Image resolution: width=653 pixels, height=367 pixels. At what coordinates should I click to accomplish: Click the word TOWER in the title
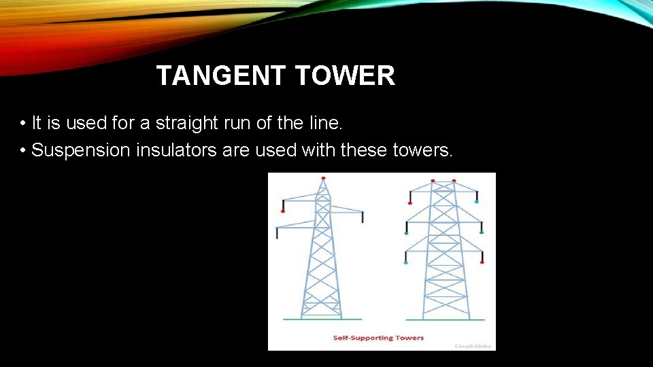tap(346, 76)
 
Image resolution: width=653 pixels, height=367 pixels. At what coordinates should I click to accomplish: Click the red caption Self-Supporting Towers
tap(378, 338)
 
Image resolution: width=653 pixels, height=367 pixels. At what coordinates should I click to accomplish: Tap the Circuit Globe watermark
tap(473, 346)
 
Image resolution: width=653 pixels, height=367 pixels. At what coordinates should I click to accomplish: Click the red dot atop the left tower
tap(323, 178)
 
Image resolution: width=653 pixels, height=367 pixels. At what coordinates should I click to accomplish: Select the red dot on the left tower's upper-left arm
tap(283, 211)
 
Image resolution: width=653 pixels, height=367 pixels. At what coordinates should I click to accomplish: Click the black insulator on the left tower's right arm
tap(363, 217)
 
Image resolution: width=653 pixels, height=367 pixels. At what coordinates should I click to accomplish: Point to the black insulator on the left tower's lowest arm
tap(277, 232)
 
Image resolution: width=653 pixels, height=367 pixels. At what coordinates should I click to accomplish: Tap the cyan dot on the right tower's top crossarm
tap(476, 202)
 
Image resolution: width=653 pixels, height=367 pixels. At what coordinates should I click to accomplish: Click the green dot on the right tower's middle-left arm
tap(406, 233)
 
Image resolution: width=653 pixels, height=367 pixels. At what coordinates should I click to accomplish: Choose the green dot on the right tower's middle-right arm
tap(482, 232)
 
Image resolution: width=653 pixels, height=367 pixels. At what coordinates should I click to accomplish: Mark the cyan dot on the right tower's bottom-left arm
tap(406, 262)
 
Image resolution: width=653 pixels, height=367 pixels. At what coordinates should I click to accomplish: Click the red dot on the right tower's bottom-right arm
tap(482, 262)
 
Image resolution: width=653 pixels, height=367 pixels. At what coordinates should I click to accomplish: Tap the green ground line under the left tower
tap(313, 319)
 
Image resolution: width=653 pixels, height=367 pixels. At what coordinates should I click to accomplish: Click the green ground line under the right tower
tap(445, 319)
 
